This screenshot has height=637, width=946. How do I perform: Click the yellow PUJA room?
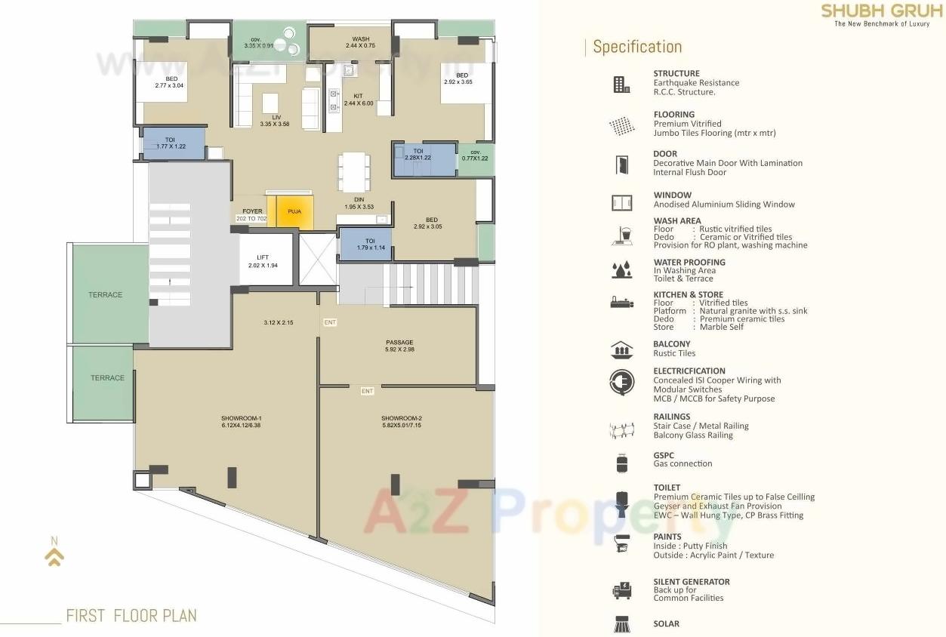click(x=294, y=212)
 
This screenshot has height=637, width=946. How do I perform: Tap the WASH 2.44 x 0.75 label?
click(x=360, y=42)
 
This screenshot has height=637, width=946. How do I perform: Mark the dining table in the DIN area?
click(x=354, y=172)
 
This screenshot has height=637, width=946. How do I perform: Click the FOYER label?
click(x=251, y=212)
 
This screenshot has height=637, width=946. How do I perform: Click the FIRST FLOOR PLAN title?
click(x=131, y=615)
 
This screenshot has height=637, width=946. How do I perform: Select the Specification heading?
click(x=637, y=47)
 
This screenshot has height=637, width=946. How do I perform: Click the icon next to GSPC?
click(x=621, y=463)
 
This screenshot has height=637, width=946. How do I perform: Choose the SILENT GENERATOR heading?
click(x=691, y=582)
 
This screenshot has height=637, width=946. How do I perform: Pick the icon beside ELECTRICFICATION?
click(x=621, y=382)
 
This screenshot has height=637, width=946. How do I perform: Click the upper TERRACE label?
click(x=105, y=294)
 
